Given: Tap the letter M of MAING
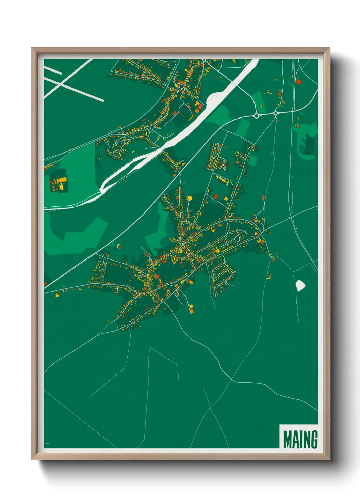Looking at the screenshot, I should pyautogui.click(x=287, y=439).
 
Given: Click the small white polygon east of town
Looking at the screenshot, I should pyautogui.click(x=300, y=285).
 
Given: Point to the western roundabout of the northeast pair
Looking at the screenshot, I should pyautogui.click(x=256, y=116).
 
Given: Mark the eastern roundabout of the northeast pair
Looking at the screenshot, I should pyautogui.click(x=276, y=113).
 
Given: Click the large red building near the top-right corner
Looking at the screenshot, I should pyautogui.click(x=299, y=82).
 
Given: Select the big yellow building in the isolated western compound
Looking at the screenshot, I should pyautogui.click(x=62, y=180).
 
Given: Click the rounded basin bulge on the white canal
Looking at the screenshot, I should pyautogui.click(x=213, y=99).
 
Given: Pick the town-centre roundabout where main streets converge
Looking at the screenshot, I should pyautogui.click(x=183, y=245).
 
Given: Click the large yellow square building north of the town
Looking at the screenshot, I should pyautogui.click(x=190, y=198).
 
